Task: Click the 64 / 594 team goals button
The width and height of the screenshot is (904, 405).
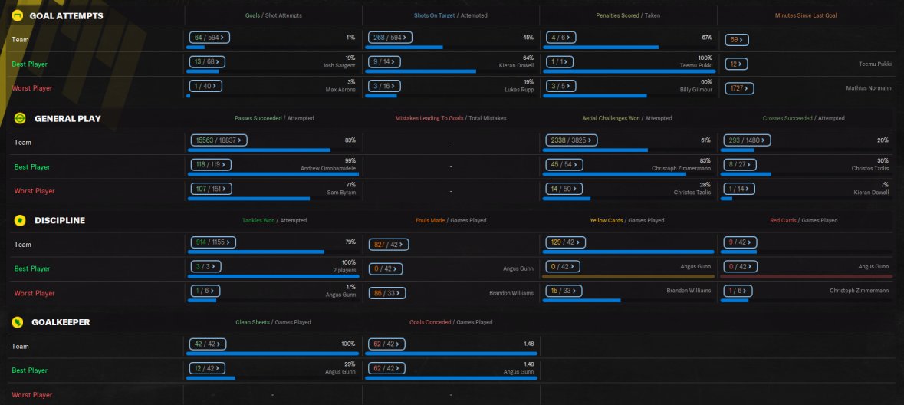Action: [209, 37]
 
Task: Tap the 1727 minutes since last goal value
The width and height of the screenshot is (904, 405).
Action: [739, 88]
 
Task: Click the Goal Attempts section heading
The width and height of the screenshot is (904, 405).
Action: [66, 15]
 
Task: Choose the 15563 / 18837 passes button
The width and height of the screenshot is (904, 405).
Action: [219, 140]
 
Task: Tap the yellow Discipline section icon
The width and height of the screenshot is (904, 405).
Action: [19, 220]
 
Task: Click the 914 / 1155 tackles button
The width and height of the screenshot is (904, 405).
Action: [212, 242]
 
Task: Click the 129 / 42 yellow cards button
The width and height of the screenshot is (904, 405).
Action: [567, 242]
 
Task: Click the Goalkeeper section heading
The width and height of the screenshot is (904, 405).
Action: [61, 322]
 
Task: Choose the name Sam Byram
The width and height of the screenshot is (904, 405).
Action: [343, 193]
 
